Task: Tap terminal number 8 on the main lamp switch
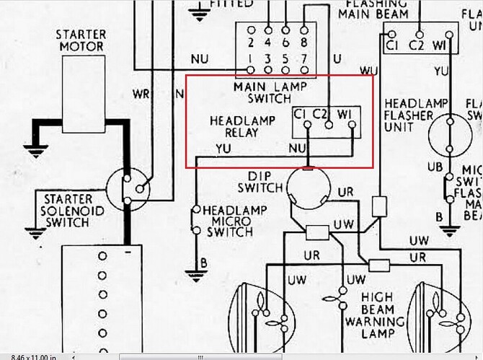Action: click(303, 31)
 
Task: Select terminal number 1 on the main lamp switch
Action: click(251, 57)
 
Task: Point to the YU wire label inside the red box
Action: click(224, 149)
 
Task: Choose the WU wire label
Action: click(368, 70)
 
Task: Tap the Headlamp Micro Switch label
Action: click(229, 221)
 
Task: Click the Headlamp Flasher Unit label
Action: click(409, 116)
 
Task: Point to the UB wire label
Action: click(435, 166)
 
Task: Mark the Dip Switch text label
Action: click(263, 182)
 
